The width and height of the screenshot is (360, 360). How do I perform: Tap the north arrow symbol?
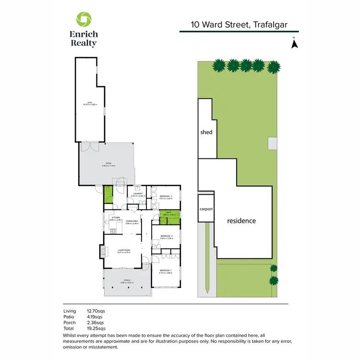(295, 44)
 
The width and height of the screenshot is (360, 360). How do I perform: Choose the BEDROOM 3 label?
(166, 196)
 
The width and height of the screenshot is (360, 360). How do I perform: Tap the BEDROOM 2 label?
(166, 237)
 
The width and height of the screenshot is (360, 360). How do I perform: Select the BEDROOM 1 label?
(166, 271)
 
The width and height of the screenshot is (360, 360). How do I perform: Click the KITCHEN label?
(115, 218)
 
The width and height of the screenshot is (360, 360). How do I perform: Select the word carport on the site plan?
(206, 209)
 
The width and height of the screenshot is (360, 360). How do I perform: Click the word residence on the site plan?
(241, 221)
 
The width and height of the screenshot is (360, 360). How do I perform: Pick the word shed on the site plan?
(206, 132)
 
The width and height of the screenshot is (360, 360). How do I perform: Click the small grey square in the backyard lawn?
(272, 143)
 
